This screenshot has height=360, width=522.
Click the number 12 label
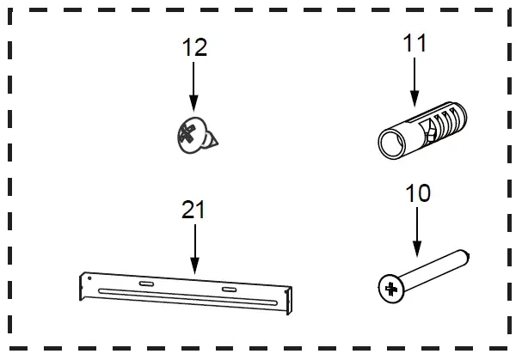(195, 46)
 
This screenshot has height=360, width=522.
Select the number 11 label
(414, 43)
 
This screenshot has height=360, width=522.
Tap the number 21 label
(193, 209)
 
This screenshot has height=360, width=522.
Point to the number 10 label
(417, 193)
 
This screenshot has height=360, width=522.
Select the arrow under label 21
(194, 248)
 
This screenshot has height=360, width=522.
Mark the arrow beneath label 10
(417, 235)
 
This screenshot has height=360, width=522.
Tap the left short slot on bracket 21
(145, 284)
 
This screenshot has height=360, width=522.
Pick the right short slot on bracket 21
(229, 290)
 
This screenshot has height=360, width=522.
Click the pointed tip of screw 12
(216, 139)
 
